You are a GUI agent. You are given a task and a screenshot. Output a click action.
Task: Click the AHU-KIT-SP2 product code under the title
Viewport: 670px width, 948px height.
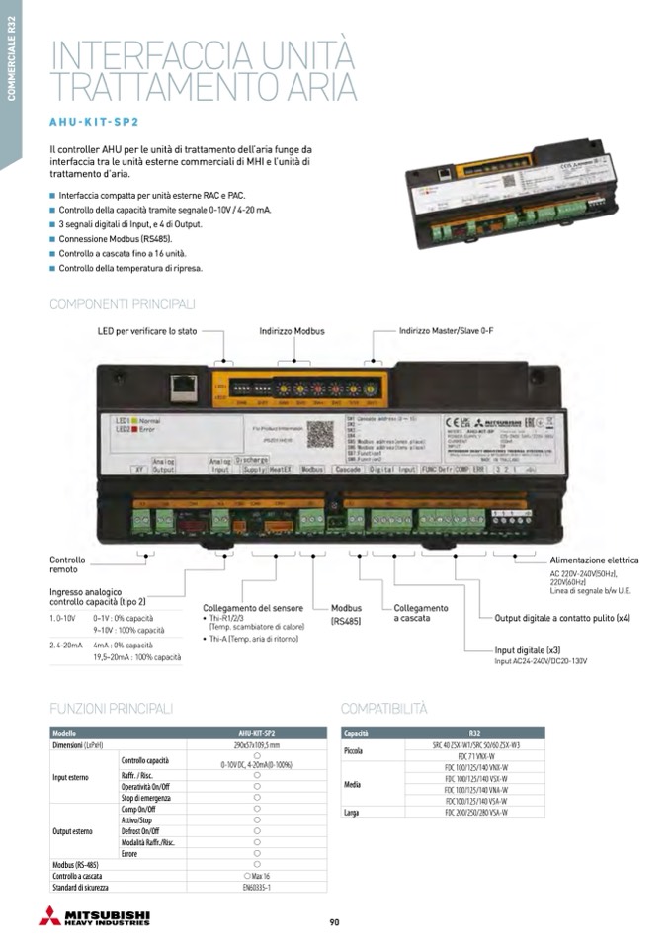(94, 124)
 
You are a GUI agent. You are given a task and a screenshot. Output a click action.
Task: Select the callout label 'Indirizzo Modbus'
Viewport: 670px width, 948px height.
(292, 331)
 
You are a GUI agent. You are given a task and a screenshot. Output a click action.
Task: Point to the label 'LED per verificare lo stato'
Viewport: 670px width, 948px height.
(147, 331)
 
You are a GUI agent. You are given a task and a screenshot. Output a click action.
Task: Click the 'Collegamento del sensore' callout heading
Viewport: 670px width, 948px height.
(253, 608)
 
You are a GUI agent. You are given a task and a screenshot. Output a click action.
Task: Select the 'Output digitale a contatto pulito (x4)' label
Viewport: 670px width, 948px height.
(562, 618)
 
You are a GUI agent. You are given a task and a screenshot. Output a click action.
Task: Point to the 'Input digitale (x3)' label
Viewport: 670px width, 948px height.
(527, 650)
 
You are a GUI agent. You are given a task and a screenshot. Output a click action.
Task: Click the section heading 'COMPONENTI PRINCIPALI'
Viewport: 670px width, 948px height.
(123, 304)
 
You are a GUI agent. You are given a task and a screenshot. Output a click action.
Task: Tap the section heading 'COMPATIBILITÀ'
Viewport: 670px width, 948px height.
(384, 709)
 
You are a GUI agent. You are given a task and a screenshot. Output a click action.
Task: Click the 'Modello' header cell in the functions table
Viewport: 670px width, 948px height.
(64, 733)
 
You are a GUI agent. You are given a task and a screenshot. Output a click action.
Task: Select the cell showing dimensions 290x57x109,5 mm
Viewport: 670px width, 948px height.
(256, 744)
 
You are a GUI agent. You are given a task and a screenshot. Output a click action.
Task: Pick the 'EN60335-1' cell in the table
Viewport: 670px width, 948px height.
(256, 889)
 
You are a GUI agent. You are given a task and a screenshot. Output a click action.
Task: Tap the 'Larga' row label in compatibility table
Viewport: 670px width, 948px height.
(352, 813)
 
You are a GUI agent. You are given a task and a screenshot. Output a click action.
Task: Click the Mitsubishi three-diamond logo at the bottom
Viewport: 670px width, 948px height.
(48, 915)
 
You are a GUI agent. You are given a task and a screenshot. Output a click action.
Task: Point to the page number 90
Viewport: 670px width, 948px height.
(334, 922)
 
